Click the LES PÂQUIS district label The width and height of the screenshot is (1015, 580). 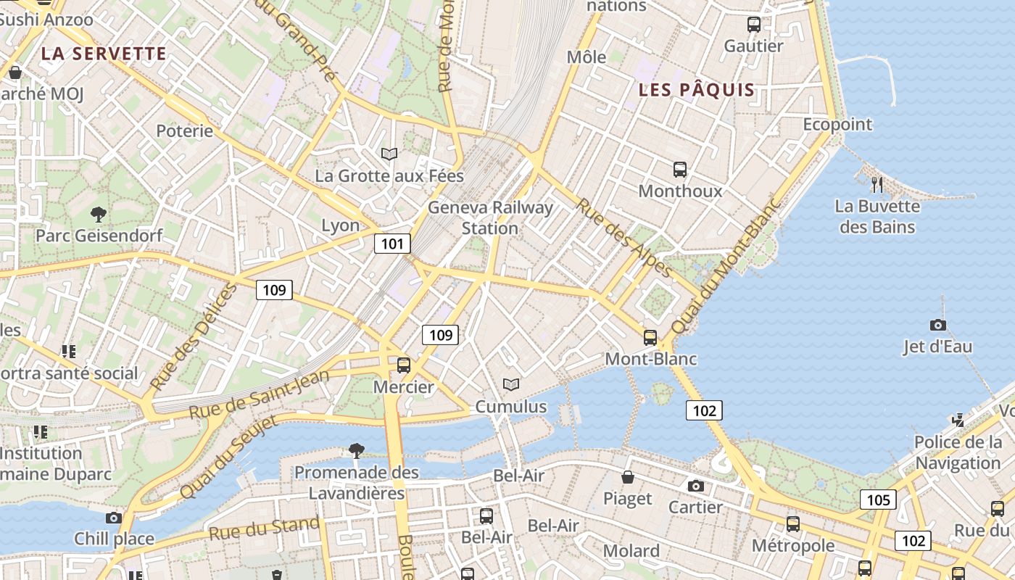click(x=697, y=91)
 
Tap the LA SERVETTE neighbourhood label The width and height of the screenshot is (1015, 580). click(x=104, y=54)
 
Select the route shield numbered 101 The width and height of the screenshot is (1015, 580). click(x=392, y=244)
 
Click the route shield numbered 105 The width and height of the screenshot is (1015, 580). click(x=878, y=500)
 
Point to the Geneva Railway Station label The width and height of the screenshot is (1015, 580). click(x=490, y=217)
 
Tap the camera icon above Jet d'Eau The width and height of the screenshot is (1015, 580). click(x=937, y=325)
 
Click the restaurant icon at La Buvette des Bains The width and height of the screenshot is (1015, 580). click(x=877, y=185)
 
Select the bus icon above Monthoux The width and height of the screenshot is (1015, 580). click(x=680, y=170)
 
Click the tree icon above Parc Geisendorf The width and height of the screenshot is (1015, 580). click(x=98, y=214)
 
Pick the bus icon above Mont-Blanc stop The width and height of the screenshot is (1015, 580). click(x=650, y=337)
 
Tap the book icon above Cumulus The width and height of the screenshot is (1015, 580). click(x=511, y=384)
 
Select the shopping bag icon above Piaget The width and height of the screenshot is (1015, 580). click(x=628, y=477)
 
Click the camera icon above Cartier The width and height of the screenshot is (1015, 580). click(x=696, y=486)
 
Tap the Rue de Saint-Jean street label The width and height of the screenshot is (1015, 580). click(x=259, y=395)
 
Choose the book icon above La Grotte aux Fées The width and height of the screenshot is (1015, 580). click(x=389, y=154)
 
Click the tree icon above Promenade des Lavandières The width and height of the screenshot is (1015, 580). click(x=356, y=451)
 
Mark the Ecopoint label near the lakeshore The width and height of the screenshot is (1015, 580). click(x=837, y=125)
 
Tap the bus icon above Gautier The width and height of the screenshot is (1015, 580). click(x=754, y=25)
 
